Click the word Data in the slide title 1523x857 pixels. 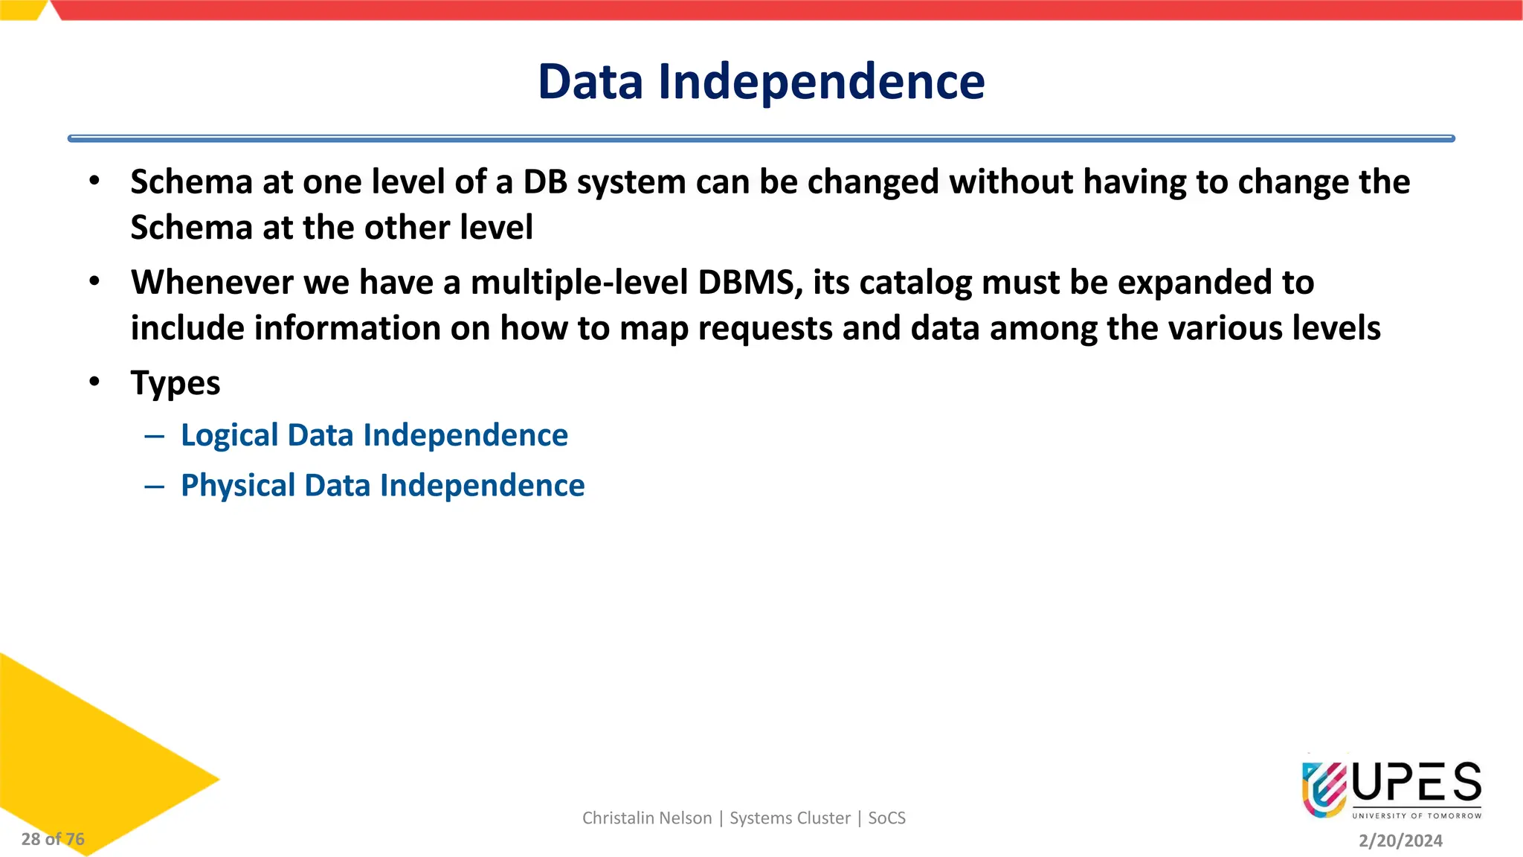[590, 81]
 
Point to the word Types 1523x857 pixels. [176, 384]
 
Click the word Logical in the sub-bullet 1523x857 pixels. [229, 435]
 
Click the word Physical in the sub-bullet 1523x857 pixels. [238, 486]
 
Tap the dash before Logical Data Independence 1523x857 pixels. [154, 436]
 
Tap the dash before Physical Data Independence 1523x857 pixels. [154, 487]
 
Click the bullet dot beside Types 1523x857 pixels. [94, 382]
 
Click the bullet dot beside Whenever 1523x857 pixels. [94, 281]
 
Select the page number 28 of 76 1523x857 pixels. [53, 839]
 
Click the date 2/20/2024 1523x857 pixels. [1400, 841]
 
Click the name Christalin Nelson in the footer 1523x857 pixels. [646, 818]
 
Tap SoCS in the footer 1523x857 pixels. [886, 818]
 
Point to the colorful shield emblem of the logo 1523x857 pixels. [1324, 789]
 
